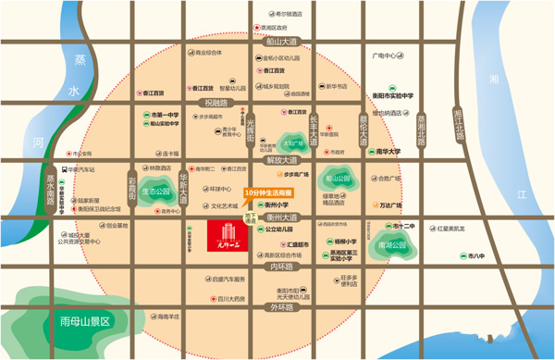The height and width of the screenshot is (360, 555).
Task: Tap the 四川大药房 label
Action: point(230,299)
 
